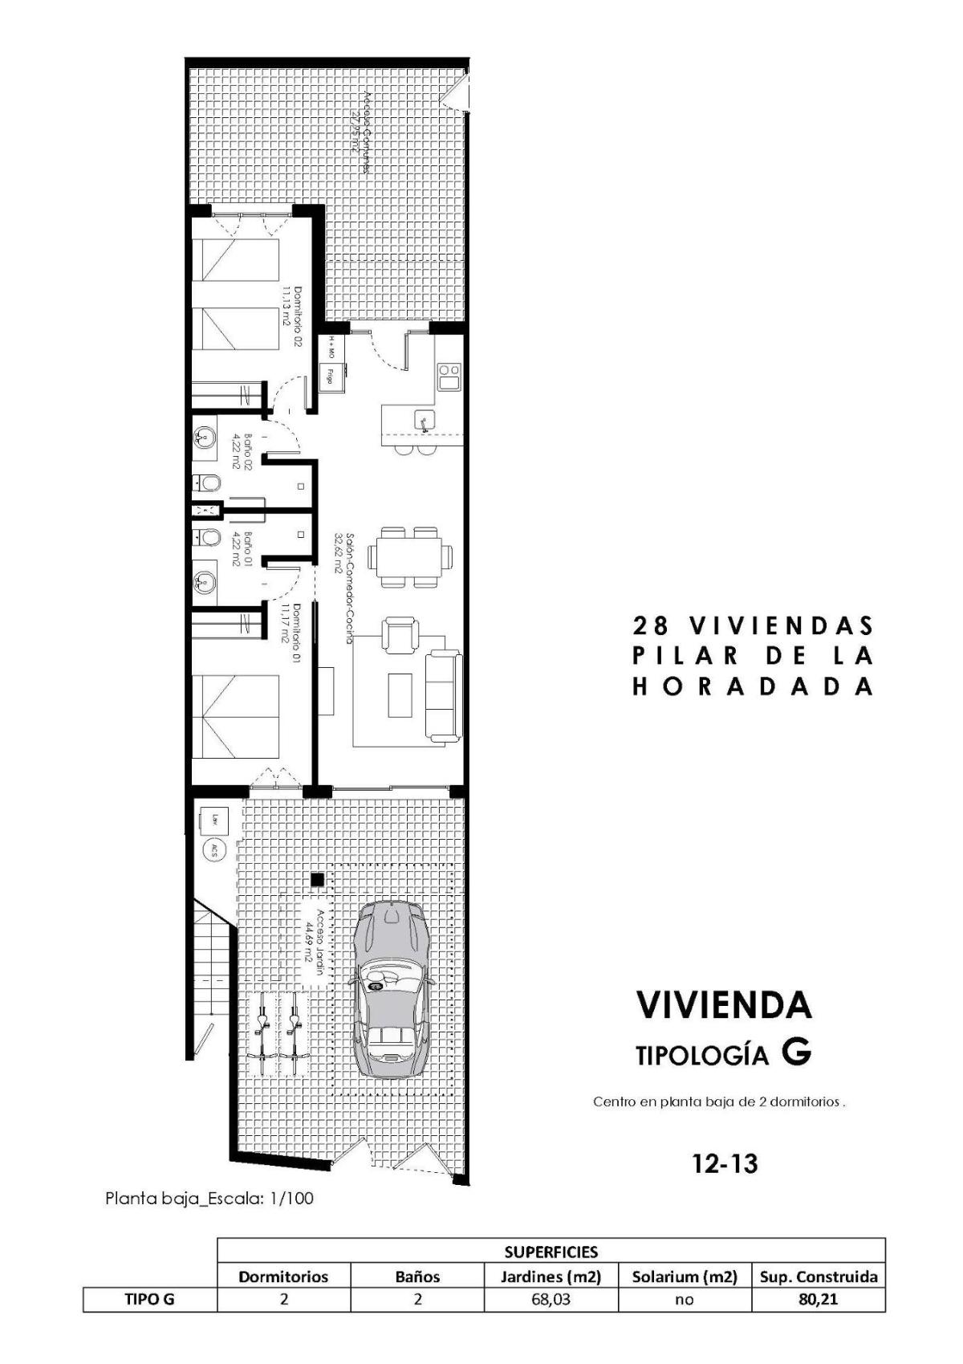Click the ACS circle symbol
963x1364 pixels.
[213, 850]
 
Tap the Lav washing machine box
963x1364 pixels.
[214, 820]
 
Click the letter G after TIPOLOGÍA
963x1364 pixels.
[797, 1053]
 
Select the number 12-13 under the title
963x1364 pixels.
[725, 1163]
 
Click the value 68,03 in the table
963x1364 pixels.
[551, 1299]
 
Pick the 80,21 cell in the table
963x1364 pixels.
[818, 1299]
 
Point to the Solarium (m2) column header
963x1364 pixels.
[684, 1276]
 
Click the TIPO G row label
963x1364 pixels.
[149, 1299]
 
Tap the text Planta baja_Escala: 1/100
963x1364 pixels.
[209, 1199]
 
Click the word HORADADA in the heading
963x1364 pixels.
[753, 686]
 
